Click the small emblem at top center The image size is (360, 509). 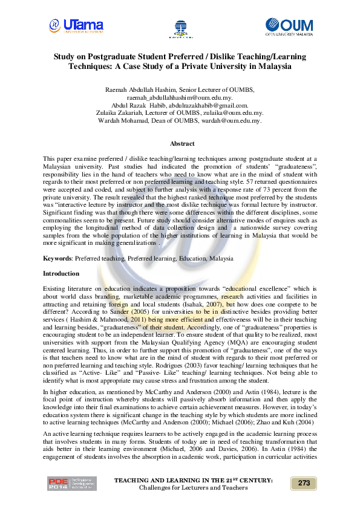point(180,27)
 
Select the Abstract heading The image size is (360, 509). point(182,144)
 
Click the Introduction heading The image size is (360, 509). point(61,274)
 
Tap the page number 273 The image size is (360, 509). point(304,482)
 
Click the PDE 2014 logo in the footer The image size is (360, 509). point(71,483)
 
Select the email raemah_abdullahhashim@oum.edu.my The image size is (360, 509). point(180,97)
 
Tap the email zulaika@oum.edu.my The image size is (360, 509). point(232,113)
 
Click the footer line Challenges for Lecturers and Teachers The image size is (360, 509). point(193,487)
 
